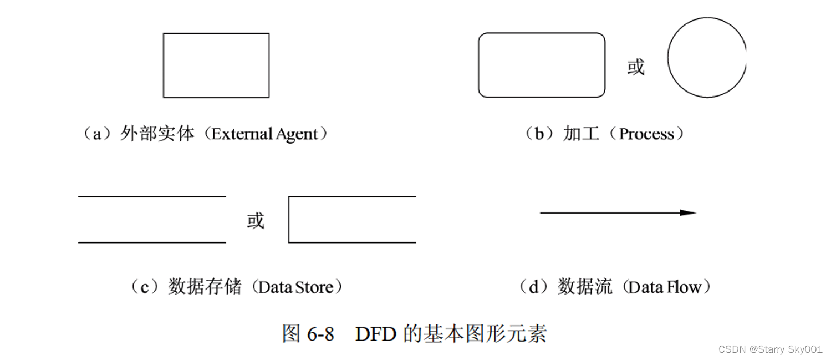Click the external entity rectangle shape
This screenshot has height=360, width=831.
[216, 65]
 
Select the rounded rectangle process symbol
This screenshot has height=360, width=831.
[542, 65]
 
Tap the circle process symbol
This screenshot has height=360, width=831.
[707, 57]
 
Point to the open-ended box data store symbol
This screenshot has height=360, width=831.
[351, 220]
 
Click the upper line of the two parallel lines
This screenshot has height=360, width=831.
[152, 196]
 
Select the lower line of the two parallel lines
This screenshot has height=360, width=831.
[152, 242]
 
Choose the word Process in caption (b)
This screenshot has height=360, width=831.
[646, 134]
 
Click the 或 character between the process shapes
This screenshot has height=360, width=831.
[636, 67]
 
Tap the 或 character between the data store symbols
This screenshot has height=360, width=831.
[256, 221]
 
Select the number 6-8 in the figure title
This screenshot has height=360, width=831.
[320, 334]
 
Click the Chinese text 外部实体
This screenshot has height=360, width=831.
[157, 134]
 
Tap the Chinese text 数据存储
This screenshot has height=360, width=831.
[205, 287]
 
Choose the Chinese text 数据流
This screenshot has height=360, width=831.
[585, 287]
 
